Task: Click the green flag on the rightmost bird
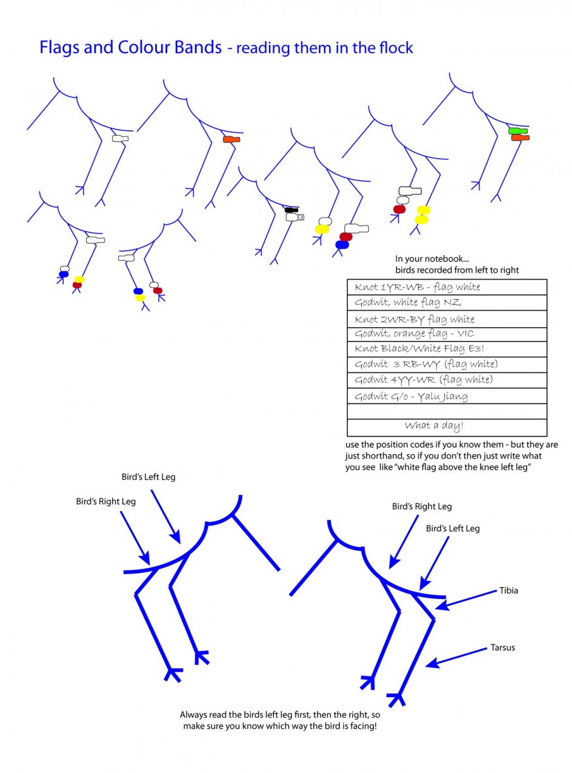pos(517,131)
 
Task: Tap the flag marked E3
pos(295,217)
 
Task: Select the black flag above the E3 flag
pos(291,210)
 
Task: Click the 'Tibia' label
pos(508,591)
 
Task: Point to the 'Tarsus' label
pos(503,648)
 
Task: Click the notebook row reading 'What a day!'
pos(447,427)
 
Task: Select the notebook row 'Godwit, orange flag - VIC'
pos(447,334)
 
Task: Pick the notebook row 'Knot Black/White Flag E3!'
pos(447,349)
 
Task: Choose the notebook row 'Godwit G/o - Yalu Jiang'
pos(447,396)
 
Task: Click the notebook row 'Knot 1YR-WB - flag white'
pos(447,287)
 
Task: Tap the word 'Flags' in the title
pos(59,47)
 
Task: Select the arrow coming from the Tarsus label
pos(456,658)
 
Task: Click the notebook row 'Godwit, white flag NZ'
pos(447,303)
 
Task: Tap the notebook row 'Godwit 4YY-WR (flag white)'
pos(447,380)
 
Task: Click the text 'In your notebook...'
pos(432,259)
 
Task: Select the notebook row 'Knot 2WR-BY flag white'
pos(447,319)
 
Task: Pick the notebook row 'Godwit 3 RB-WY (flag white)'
pos(447,365)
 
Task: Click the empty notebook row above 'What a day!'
pos(447,411)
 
